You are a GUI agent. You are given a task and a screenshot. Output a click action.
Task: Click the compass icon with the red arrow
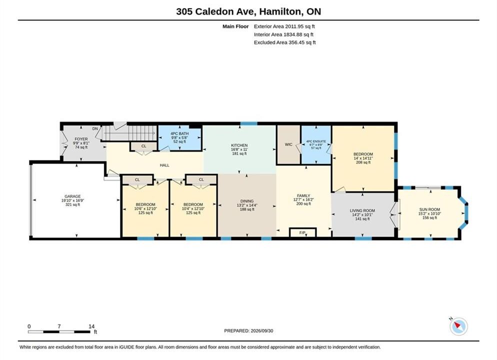click(x=458, y=326)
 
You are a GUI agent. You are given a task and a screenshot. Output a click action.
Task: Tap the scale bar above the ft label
click(x=59, y=332)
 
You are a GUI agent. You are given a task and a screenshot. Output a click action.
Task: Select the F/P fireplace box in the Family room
click(x=302, y=232)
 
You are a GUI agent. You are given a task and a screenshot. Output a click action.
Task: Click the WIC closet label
click(x=288, y=144)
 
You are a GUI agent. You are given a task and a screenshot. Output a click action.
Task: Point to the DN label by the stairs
click(x=95, y=128)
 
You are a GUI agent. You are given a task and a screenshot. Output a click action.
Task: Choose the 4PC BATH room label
click(x=179, y=133)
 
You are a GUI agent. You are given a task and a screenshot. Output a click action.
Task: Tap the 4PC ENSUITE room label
click(x=316, y=141)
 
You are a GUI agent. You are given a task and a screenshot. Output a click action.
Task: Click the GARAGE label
click(x=72, y=196)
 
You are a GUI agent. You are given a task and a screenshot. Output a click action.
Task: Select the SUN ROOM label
click(x=429, y=209)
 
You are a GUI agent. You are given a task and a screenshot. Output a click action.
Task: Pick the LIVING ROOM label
click(x=362, y=210)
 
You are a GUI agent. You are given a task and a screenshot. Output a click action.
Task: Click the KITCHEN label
click(x=239, y=145)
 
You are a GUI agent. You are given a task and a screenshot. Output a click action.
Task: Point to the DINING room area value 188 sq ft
click(x=247, y=209)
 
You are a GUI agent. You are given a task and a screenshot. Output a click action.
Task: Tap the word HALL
click(x=164, y=165)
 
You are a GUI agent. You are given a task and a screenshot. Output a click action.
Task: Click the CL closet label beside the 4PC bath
click(x=144, y=146)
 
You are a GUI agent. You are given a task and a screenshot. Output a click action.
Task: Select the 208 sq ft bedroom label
click(x=363, y=162)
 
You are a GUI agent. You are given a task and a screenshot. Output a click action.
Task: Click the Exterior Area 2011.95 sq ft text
click(x=284, y=26)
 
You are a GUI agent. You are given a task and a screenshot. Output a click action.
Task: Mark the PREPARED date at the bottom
click(x=248, y=330)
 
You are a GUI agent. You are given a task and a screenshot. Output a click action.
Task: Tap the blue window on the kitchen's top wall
click(x=248, y=123)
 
